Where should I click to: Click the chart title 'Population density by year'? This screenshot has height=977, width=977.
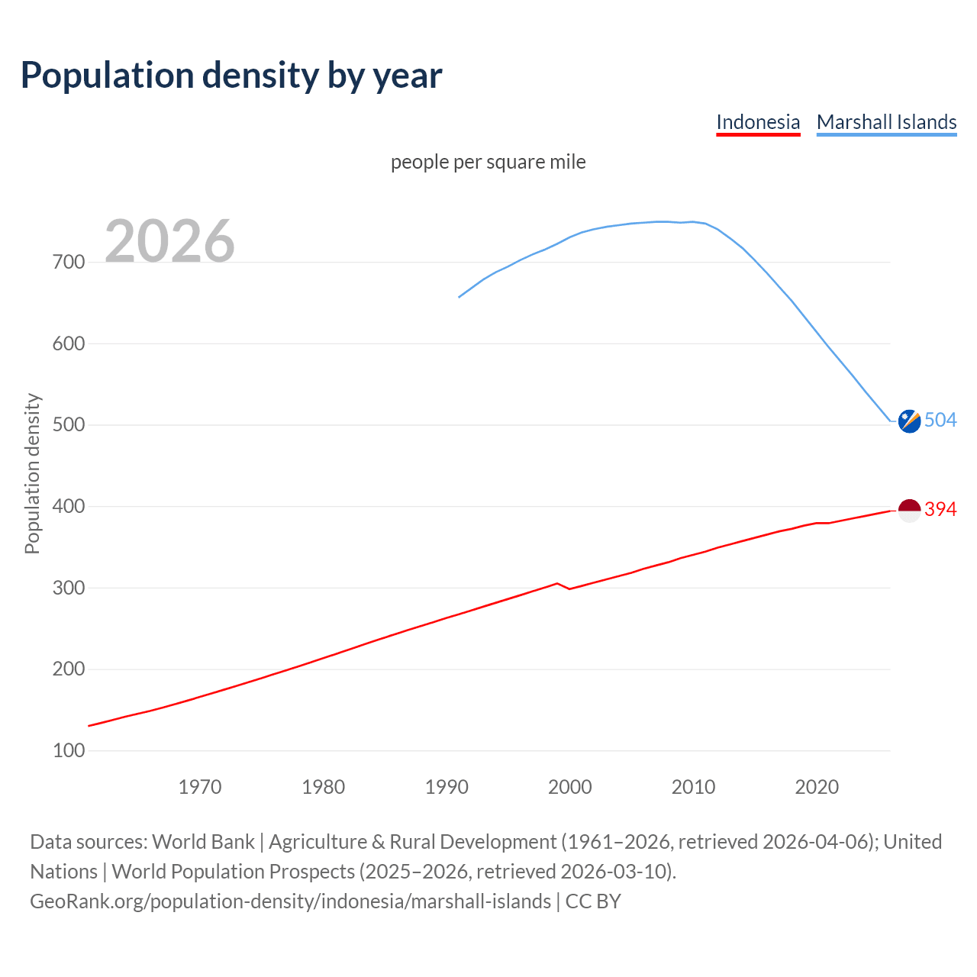click(x=231, y=76)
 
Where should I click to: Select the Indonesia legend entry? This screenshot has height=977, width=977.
click(x=758, y=122)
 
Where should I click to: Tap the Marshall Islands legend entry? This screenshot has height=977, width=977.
click(x=886, y=122)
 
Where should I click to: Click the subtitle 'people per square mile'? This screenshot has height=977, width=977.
click(x=488, y=162)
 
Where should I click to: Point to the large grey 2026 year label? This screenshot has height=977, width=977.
click(x=169, y=241)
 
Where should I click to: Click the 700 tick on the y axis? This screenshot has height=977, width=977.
click(x=69, y=263)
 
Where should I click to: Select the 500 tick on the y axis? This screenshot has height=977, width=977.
click(x=69, y=425)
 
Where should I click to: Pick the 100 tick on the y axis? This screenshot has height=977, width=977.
click(x=69, y=751)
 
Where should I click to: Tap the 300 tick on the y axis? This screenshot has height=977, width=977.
click(x=69, y=588)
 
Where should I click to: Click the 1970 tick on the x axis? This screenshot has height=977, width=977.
click(x=200, y=787)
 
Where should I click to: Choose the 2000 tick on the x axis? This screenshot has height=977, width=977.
click(x=570, y=787)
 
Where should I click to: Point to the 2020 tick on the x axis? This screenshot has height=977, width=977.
click(x=817, y=787)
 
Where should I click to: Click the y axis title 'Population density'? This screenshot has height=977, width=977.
click(x=32, y=473)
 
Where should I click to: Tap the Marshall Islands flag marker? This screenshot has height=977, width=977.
click(x=909, y=421)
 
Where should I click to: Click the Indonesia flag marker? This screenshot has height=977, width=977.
click(x=909, y=510)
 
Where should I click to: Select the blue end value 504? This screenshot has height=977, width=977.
click(x=940, y=421)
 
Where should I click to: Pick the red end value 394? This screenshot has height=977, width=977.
click(x=940, y=510)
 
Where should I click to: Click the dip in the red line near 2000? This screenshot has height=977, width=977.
click(x=569, y=588)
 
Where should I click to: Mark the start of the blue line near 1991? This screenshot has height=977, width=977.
click(x=459, y=297)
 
